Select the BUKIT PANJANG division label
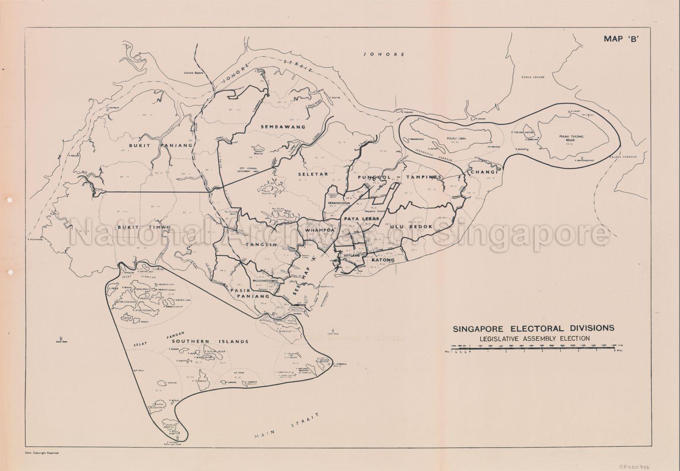[160, 145]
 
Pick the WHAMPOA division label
[318, 231]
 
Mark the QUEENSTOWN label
[265, 281]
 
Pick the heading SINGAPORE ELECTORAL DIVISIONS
[533, 328]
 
